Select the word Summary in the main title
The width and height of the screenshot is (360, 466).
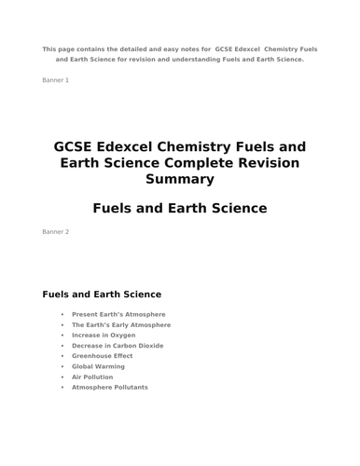coord(180,179)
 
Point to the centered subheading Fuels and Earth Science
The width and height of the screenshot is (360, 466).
coord(180,208)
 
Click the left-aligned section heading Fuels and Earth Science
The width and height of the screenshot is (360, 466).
coord(102,295)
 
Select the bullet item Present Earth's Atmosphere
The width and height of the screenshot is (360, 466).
coord(118,315)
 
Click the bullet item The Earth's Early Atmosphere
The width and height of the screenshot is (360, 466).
coord(121,325)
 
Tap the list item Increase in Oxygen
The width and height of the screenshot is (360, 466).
coord(104,336)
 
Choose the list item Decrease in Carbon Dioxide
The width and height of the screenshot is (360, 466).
coord(118,346)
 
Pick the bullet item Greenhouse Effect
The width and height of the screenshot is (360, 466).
coord(103,356)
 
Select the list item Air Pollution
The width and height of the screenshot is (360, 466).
coord(92,377)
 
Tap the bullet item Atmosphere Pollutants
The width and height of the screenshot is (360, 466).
coord(110,387)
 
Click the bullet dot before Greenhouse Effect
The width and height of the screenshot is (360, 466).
coord(62,356)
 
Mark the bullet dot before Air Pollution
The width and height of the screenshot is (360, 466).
coord(62,377)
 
